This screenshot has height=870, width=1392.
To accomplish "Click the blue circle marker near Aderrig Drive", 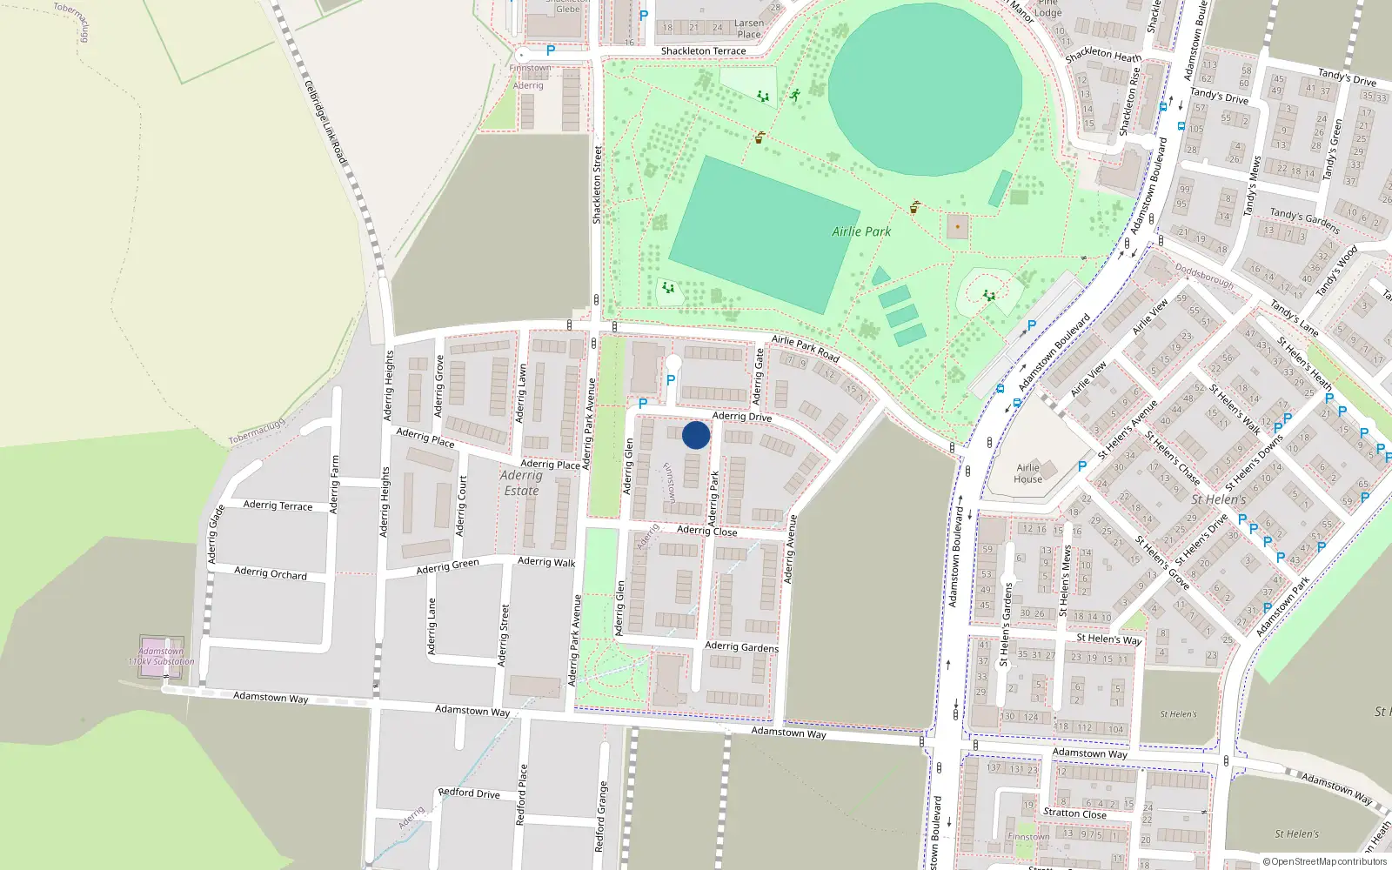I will pyautogui.click(x=696, y=435).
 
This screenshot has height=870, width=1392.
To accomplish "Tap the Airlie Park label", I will pyautogui.click(x=861, y=231).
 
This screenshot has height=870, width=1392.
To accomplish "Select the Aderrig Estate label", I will pyautogui.click(x=521, y=483).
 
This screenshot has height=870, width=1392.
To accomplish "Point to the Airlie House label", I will pyautogui.click(x=1027, y=473).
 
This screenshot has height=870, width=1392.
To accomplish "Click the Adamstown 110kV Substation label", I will pyautogui.click(x=161, y=656).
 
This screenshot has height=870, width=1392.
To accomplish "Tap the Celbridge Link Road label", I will pyautogui.click(x=325, y=122).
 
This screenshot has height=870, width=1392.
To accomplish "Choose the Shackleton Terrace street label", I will pyautogui.click(x=703, y=51).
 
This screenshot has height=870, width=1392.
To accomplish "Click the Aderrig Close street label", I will pyautogui.click(x=706, y=531).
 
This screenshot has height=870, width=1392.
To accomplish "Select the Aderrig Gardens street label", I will pyautogui.click(x=741, y=646).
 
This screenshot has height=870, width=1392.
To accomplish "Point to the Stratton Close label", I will pyautogui.click(x=1074, y=813).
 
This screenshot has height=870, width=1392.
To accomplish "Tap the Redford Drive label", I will pyautogui.click(x=469, y=793).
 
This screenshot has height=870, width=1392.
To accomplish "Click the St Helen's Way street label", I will pyautogui.click(x=1108, y=639).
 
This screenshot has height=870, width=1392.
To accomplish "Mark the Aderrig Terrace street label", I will pyautogui.click(x=278, y=505).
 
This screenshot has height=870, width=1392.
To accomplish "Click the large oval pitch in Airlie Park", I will pyautogui.click(x=925, y=89).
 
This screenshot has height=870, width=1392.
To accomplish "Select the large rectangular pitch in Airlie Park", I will pyautogui.click(x=763, y=234).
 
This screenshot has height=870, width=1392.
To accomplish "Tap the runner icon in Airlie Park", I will pyautogui.click(x=794, y=94).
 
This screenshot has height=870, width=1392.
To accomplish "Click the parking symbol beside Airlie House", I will pyautogui.click(x=1081, y=466).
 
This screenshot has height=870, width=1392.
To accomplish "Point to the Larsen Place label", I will pyautogui.click(x=749, y=29).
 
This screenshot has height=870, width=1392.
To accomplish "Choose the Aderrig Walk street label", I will pyautogui.click(x=546, y=562).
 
